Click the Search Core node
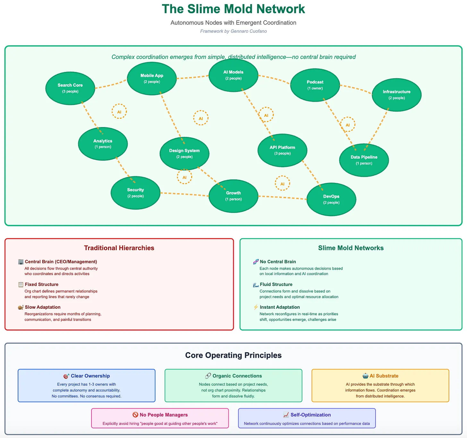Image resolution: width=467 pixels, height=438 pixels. coord(70,88)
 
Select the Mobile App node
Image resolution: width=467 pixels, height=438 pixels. coord(152,79)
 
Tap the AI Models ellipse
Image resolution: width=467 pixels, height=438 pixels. coord(233,75)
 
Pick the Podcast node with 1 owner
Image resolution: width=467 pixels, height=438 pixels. coord(315,85)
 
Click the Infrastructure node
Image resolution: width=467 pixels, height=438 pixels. coord(396,95)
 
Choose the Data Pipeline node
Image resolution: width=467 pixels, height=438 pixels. coord(364,160)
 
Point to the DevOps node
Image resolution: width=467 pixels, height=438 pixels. coord(331,199)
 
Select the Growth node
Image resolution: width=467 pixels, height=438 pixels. coord(233,196)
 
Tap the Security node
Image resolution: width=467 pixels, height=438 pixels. coord(135,193)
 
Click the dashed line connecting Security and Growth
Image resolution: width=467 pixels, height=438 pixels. coord(184,194)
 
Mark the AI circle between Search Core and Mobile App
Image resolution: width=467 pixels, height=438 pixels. coord(119,112)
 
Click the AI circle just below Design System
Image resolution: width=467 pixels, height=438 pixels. coord(184,177)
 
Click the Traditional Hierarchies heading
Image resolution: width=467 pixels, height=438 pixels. coord(119,248)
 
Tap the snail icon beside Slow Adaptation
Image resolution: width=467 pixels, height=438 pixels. coord(21,307)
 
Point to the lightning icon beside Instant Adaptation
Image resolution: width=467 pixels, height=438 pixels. coord(256,307)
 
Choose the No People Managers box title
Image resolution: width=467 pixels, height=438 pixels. coord(164,415)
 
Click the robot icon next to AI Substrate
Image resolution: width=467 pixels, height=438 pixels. coord(365,376)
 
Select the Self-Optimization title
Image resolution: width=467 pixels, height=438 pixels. coord(310,415)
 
